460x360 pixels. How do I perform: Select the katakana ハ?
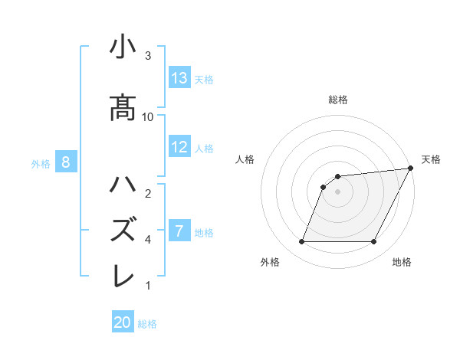(123, 186)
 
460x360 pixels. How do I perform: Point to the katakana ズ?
(123, 230)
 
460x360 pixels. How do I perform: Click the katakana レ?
(123, 275)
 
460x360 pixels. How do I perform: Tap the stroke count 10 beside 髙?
(148, 116)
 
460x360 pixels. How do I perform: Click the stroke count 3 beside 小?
(148, 56)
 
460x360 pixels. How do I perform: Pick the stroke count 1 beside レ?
(148, 286)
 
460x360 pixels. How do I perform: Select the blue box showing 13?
(179, 78)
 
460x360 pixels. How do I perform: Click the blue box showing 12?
(179, 147)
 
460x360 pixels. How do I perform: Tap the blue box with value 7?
(179, 231)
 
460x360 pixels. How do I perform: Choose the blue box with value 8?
(66, 162)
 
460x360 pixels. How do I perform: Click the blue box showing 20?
(123, 322)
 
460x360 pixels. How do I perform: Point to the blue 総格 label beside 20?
(147, 324)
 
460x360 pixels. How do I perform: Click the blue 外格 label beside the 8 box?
(41, 163)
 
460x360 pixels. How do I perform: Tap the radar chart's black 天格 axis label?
(431, 159)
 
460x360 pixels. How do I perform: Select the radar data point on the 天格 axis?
(411, 169)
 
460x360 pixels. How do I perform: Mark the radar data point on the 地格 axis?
(374, 242)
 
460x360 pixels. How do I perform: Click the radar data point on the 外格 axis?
(301, 242)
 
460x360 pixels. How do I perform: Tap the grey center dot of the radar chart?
(337, 191)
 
